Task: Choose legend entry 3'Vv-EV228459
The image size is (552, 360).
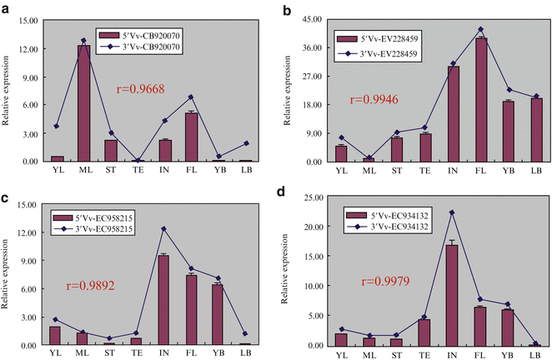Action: [389, 53]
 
